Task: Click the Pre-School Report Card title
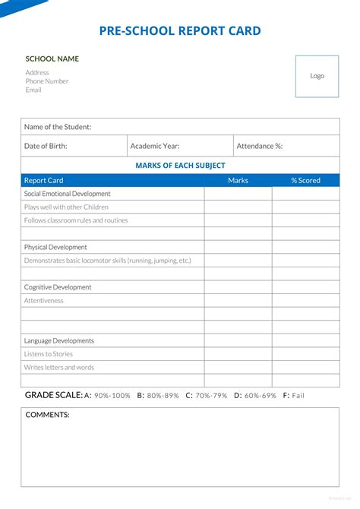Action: coord(180,31)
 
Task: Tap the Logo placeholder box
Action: coord(317,76)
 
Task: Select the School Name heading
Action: coord(52,58)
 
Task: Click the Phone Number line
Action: coord(47,81)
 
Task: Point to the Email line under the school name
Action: coord(33,90)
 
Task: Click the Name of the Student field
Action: coord(180,127)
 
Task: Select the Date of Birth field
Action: coord(74,146)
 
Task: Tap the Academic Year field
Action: coord(180,146)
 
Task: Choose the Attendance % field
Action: coord(286,146)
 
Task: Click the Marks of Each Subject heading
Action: coord(180,166)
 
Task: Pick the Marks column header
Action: coord(238,181)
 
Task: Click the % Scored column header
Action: coord(305,181)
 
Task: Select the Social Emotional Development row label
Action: coord(68,194)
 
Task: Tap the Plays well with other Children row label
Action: coord(66,207)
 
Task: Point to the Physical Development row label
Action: coord(55,247)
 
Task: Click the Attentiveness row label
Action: coord(44,300)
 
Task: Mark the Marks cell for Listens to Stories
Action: coord(238,354)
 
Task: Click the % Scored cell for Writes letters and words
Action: coord(305,368)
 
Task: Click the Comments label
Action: coord(47,415)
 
